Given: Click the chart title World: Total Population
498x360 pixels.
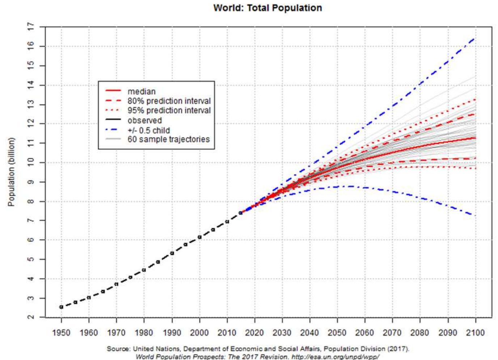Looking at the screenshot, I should pyautogui.click(x=267, y=8).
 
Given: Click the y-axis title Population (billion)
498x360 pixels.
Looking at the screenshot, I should pyautogui.click(x=12, y=172).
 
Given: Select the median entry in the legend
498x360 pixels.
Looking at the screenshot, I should pyautogui.click(x=142, y=92).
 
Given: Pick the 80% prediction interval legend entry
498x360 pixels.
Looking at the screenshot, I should pyautogui.click(x=169, y=101).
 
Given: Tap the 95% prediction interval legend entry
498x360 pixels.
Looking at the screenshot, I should pyautogui.click(x=169, y=110).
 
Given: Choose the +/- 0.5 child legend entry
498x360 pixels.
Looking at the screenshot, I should pyautogui.click(x=148, y=130).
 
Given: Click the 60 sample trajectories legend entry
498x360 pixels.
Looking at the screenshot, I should pyautogui.click(x=168, y=139).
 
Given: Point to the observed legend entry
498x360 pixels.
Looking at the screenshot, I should pyautogui.click(x=144, y=120).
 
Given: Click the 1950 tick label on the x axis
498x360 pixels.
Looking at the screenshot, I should pyautogui.click(x=61, y=333).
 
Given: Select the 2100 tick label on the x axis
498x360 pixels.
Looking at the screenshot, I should pyautogui.click(x=475, y=333).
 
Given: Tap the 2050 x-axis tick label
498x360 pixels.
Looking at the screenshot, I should pyautogui.click(x=337, y=333).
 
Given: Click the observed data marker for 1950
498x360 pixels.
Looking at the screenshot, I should pyautogui.click(x=61, y=307).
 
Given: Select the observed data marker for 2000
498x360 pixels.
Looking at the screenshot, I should pyautogui.click(x=199, y=237).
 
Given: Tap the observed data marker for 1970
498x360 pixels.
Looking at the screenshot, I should pyautogui.click(x=116, y=284).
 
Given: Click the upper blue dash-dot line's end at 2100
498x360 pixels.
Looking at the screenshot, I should pyautogui.click(x=474, y=38).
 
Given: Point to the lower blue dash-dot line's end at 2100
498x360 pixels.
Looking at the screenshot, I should pyautogui.click(x=474, y=216).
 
